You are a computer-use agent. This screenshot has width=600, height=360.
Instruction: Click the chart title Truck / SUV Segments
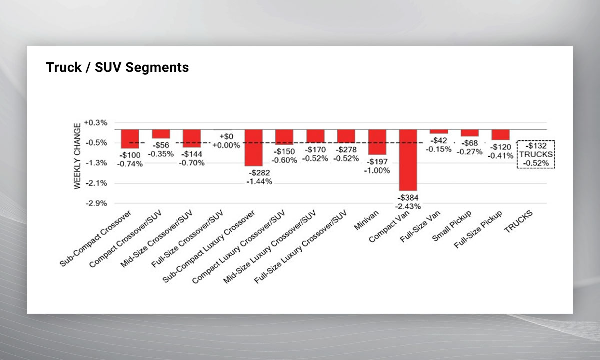[117, 67]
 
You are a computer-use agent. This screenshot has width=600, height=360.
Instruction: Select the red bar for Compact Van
[408, 160]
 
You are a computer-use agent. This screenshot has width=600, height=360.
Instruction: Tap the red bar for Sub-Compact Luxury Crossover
[253, 147]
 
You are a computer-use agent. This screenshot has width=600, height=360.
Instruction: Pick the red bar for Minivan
[377, 142]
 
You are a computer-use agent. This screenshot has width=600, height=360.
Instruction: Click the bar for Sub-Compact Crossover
[130, 139]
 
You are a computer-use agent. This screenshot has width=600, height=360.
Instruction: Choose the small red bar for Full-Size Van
[439, 131]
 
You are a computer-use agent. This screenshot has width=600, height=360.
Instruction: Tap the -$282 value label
[259, 173]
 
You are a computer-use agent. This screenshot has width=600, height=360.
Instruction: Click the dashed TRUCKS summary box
[535, 154]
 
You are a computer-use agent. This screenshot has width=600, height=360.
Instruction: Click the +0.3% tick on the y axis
[95, 122]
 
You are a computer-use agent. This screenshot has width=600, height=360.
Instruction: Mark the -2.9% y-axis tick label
[96, 203]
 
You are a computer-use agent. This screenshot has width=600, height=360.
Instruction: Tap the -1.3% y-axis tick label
[96, 163]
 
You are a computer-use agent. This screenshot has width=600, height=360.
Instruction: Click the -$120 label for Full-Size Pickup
[501, 147]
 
